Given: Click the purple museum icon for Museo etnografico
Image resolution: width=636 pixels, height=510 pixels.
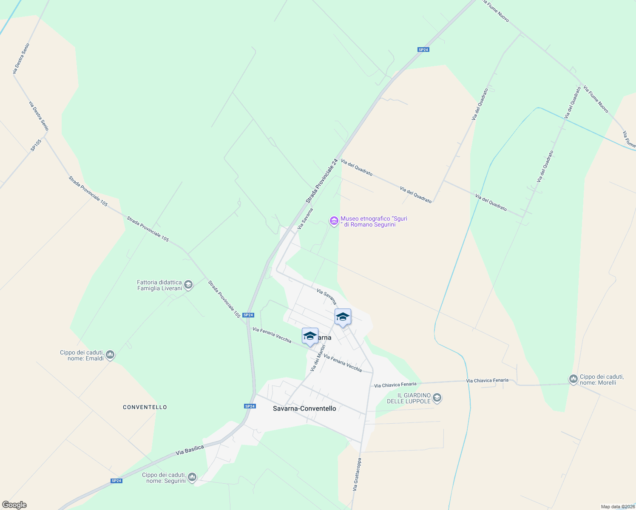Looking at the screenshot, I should pos(334,221).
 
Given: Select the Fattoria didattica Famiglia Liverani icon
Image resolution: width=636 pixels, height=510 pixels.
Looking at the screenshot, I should pos(189,285).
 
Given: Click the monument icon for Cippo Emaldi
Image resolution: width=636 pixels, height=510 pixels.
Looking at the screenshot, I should pos(110,354).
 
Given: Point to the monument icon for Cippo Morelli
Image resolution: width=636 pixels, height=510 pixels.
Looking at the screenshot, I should pos(573,379).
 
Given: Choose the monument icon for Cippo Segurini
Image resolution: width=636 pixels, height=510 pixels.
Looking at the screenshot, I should pos(192,477).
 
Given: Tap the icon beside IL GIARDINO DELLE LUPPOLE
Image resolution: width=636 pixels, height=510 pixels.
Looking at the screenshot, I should pos(437,398).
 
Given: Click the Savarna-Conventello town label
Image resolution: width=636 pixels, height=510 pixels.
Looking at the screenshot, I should pos(304,408).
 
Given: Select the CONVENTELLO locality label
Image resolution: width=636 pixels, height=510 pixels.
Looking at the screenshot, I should pos(145,407).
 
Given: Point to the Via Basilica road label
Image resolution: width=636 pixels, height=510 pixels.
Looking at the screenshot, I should pos(190,450).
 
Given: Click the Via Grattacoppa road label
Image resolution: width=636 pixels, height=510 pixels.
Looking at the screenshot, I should pos(357,474).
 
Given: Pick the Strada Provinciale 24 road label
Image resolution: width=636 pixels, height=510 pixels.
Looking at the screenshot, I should pos(321,181).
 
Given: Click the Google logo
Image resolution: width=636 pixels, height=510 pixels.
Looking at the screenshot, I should pos(14,505).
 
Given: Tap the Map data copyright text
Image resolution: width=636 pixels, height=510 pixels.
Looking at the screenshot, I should pos(617,507).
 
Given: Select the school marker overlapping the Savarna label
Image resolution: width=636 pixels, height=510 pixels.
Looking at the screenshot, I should pos(310,336).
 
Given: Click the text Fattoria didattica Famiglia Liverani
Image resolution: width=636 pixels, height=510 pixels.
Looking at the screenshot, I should pos(159,285).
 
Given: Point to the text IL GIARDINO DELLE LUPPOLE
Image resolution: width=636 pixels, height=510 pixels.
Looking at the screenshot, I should pos(409,398).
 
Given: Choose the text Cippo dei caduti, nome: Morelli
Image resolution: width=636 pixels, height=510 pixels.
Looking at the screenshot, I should pos(602,380).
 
